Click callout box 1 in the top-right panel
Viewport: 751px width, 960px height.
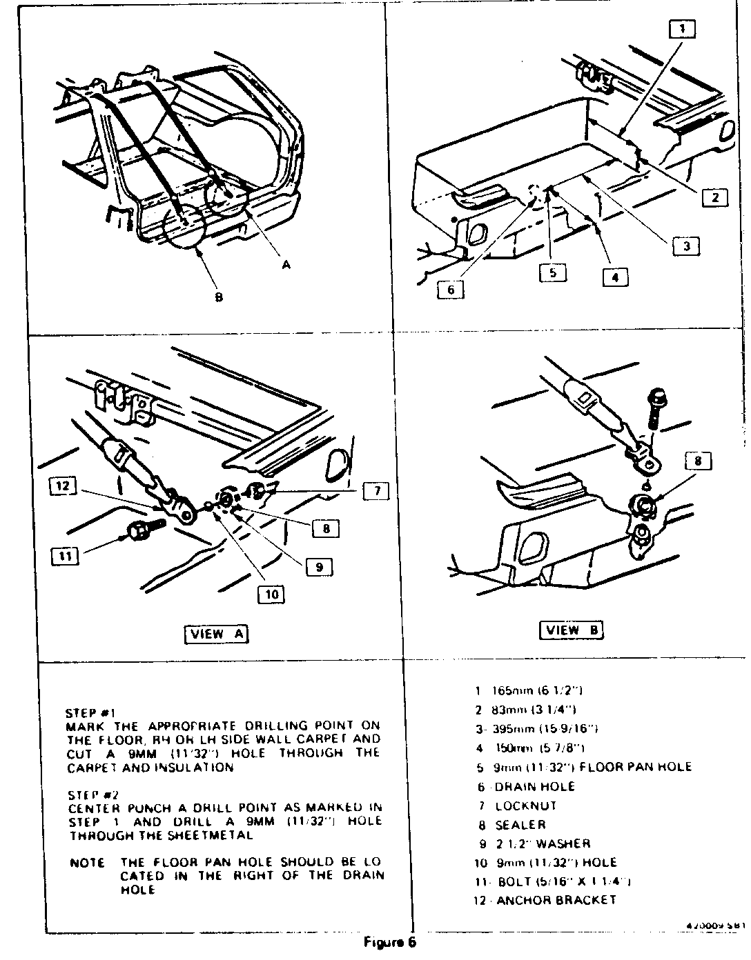click(681, 28)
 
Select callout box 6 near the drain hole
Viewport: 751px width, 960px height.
click(451, 290)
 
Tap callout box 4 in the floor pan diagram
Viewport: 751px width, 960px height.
click(615, 277)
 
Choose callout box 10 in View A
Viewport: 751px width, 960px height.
click(272, 594)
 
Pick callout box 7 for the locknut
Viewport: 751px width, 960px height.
click(377, 491)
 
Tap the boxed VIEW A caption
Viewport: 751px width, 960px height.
click(217, 634)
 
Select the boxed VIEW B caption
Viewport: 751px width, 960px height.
click(571, 630)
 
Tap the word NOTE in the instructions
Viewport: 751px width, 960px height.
click(88, 863)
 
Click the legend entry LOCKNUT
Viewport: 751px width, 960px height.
click(525, 806)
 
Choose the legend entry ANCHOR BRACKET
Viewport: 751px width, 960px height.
click(556, 900)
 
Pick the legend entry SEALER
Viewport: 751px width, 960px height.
click(520, 825)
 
